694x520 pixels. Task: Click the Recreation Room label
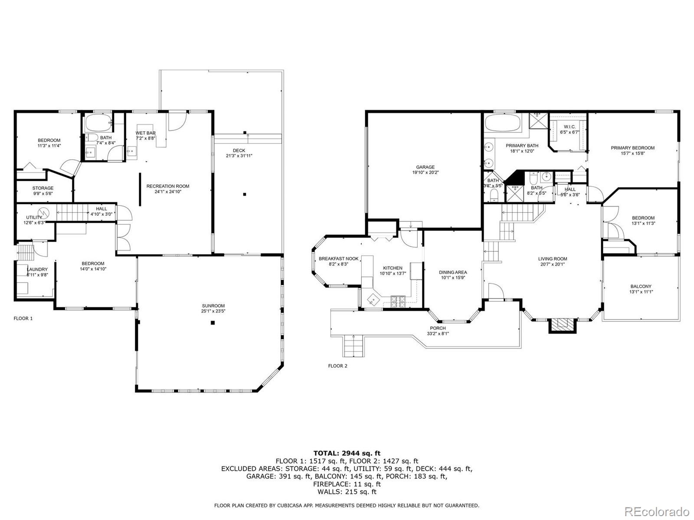coord(167,186)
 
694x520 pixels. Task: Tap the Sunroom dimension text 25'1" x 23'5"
coord(213,311)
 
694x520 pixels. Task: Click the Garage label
coord(425,167)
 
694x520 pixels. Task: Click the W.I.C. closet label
coord(570,127)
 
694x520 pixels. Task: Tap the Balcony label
coord(641,286)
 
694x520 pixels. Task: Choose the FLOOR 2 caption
coord(337,366)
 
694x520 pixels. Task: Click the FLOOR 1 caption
coord(23,318)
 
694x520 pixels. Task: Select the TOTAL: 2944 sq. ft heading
coord(347,453)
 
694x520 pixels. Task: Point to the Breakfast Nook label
coord(338,259)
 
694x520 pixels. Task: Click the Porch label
coord(438,328)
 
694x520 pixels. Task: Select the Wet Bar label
coord(145,133)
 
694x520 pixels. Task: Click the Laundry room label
coord(37,269)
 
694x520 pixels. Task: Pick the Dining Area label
coord(452,273)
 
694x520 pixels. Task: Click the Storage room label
coord(43,188)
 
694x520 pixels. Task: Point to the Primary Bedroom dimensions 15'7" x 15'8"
coord(632,153)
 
